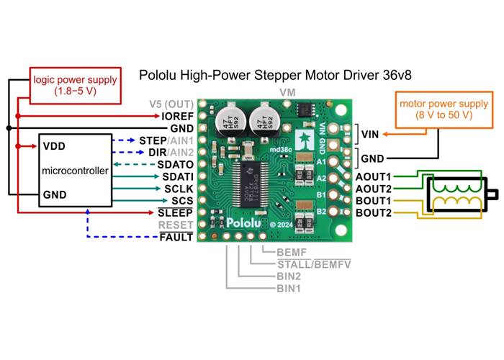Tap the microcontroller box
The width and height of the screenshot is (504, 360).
click(x=75, y=171)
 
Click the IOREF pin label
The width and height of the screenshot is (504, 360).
click(x=178, y=115)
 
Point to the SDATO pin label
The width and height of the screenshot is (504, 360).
click(x=176, y=164)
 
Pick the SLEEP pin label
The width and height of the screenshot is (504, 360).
click(x=177, y=213)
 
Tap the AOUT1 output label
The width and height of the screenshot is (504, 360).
click(x=373, y=176)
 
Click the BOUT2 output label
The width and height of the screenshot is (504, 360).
click(x=373, y=213)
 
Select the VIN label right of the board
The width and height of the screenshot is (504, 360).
click(x=370, y=133)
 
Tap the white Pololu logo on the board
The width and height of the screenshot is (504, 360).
click(x=246, y=223)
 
